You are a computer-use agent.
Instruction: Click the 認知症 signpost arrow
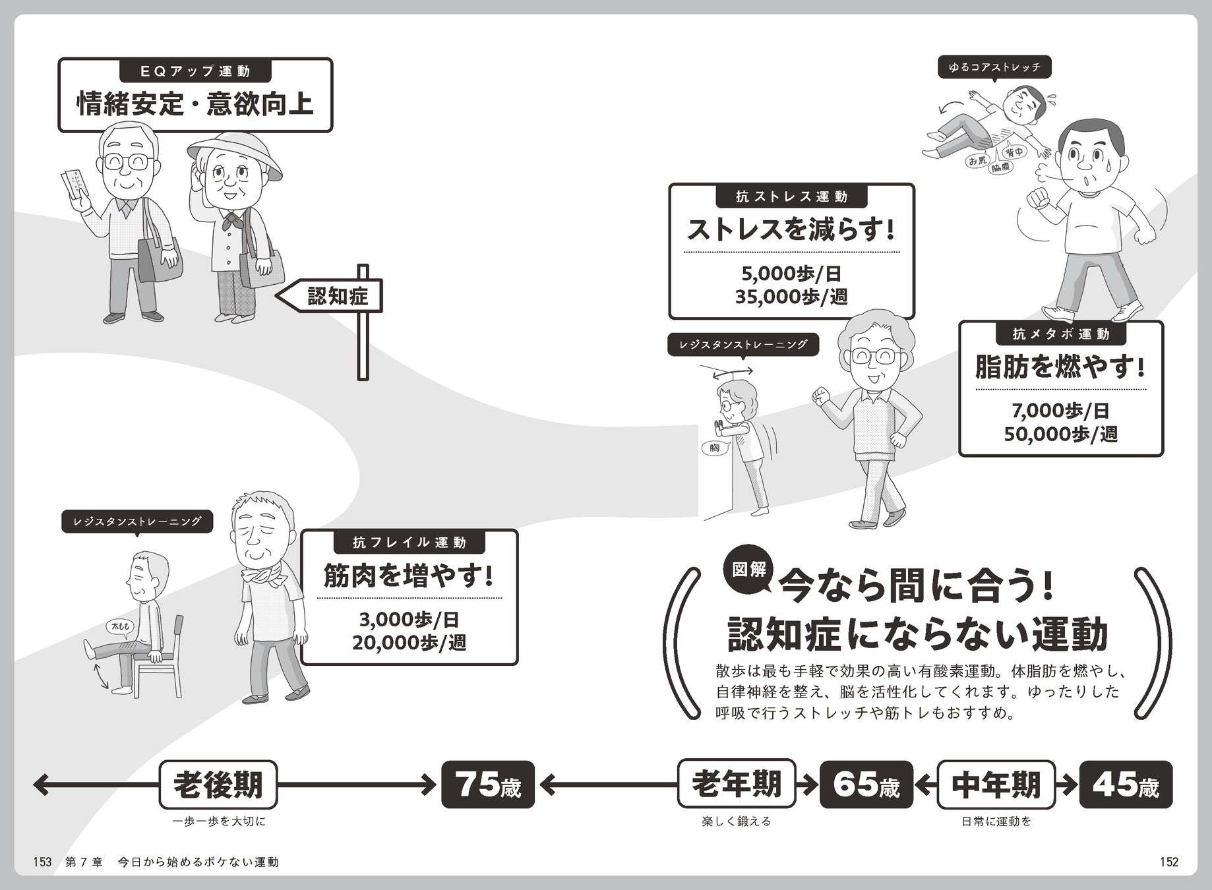pyautogui.click(x=330, y=297)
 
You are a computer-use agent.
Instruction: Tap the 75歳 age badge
pyautogui.click(x=487, y=785)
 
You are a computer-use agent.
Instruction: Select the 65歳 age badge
pyautogui.click(x=866, y=785)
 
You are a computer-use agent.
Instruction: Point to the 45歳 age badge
pyautogui.click(x=1126, y=785)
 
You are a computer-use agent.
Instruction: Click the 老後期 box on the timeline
pyautogui.click(x=218, y=785)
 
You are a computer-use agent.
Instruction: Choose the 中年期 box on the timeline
pyautogui.click(x=996, y=785)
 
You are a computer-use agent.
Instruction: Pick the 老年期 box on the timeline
pyautogui.click(x=736, y=785)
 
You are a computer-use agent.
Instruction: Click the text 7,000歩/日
pyautogui.click(x=1060, y=411)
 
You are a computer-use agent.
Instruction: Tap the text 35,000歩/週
pyautogui.click(x=791, y=297)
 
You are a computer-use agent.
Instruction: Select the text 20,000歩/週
pyautogui.click(x=409, y=642)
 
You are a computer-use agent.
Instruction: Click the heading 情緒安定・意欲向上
pyautogui.click(x=195, y=104)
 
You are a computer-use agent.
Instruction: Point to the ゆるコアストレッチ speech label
pyautogui.click(x=994, y=67)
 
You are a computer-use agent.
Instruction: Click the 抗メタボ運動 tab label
pyautogui.click(x=1060, y=334)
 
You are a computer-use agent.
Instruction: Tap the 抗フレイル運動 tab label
pyautogui.click(x=409, y=543)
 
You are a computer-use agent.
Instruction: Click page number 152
pyautogui.click(x=1168, y=862)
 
